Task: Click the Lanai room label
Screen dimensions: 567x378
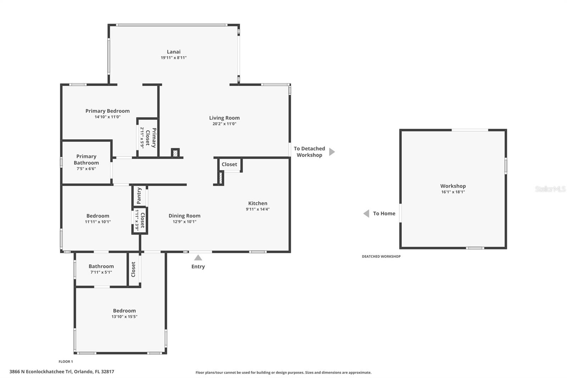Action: [x=174, y=52]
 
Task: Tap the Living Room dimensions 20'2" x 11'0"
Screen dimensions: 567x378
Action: [x=224, y=124]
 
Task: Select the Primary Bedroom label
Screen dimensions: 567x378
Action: [x=107, y=111]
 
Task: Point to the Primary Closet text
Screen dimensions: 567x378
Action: [x=151, y=138]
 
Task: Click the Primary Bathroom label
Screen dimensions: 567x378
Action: [x=86, y=160]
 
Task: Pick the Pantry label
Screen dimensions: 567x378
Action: [x=139, y=196]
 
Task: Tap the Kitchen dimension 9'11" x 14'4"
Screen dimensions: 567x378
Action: [x=258, y=209]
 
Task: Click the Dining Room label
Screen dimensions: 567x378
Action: [x=184, y=216]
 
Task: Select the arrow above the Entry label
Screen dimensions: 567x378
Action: [x=198, y=258]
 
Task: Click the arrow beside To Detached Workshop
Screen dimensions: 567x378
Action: [x=332, y=152]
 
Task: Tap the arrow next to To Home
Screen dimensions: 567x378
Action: [x=366, y=213]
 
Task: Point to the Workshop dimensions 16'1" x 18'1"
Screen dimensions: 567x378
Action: [x=453, y=192]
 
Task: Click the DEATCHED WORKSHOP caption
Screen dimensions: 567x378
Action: [x=381, y=256]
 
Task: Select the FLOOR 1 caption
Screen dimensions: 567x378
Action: [x=66, y=362]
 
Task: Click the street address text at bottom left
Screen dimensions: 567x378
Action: [x=62, y=372]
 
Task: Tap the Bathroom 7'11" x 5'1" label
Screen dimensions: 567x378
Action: [x=101, y=269]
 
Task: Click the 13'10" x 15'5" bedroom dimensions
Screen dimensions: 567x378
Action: [x=124, y=317]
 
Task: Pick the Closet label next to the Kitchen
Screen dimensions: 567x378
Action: [x=229, y=165]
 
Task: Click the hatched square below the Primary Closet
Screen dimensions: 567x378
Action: [x=175, y=153]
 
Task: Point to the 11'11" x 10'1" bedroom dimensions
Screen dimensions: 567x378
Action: [x=98, y=222]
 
